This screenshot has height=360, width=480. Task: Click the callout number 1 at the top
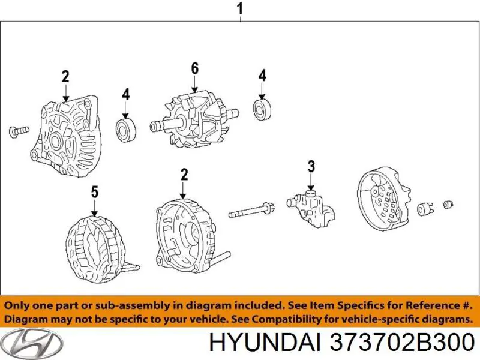coord(240,9)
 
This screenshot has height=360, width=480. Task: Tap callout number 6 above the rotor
coord(194,69)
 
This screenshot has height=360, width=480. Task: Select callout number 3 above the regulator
coord(311,166)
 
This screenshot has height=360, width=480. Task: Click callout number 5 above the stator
coord(94,193)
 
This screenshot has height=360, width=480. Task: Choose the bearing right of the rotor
coord(262,110)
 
